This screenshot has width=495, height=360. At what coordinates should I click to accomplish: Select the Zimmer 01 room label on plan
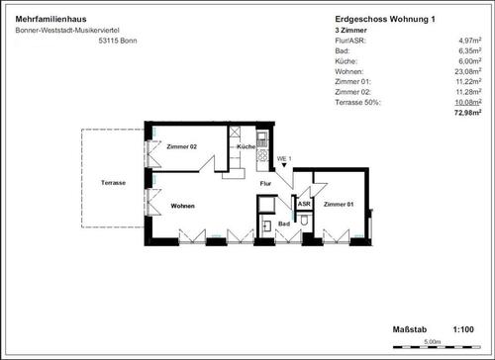tap(338, 204)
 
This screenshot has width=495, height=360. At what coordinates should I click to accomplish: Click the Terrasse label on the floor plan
tap(113, 183)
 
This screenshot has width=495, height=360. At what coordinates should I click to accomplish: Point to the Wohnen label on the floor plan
tap(182, 206)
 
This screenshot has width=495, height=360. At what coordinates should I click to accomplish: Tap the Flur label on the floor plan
tap(265, 183)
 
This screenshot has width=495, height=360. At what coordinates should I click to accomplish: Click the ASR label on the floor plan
tap(305, 204)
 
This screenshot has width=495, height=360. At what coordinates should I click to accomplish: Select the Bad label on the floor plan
tap(284, 224)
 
